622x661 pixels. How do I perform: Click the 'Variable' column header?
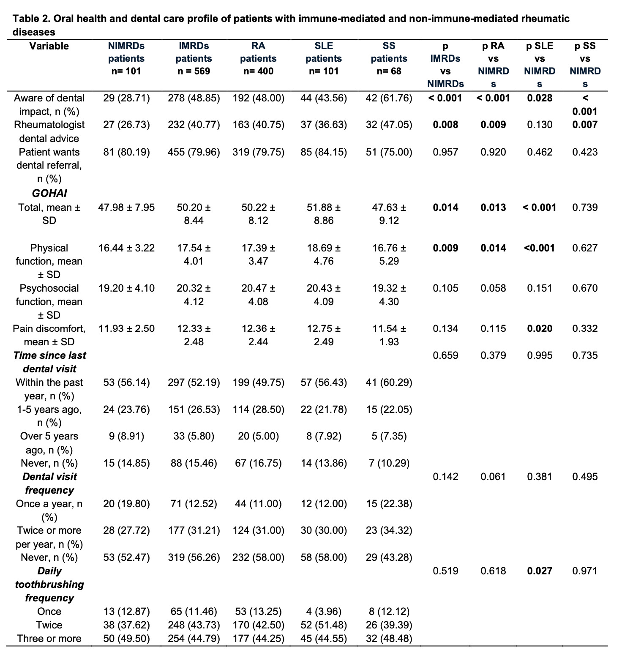tap(49, 46)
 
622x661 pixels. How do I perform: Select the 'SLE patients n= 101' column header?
tap(324, 58)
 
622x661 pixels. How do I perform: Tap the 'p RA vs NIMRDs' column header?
tap(493, 65)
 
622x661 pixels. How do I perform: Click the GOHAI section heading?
tap(49, 194)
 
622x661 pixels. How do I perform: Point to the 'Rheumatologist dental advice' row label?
tap(49, 131)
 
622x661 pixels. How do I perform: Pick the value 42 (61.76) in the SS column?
tap(389, 98)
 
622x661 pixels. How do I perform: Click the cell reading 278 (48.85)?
tap(194, 98)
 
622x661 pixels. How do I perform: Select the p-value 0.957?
tap(445, 152)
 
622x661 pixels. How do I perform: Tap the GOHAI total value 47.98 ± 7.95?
tap(126, 208)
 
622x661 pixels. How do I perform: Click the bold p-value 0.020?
tap(540, 328)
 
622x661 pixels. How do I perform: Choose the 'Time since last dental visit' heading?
tap(49, 362)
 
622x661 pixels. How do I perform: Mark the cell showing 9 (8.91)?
tap(126, 436)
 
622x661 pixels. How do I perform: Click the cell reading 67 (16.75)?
tap(258, 463)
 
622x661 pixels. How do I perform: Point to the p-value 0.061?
tap(493, 477)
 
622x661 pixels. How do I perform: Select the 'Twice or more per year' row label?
tap(49, 537)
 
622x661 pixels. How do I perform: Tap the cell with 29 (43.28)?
tap(389, 557)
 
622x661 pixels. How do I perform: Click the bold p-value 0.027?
tap(540, 571)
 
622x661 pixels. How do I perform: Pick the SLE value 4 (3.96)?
tap(324, 612)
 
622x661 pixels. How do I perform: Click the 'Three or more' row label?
tap(49, 639)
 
